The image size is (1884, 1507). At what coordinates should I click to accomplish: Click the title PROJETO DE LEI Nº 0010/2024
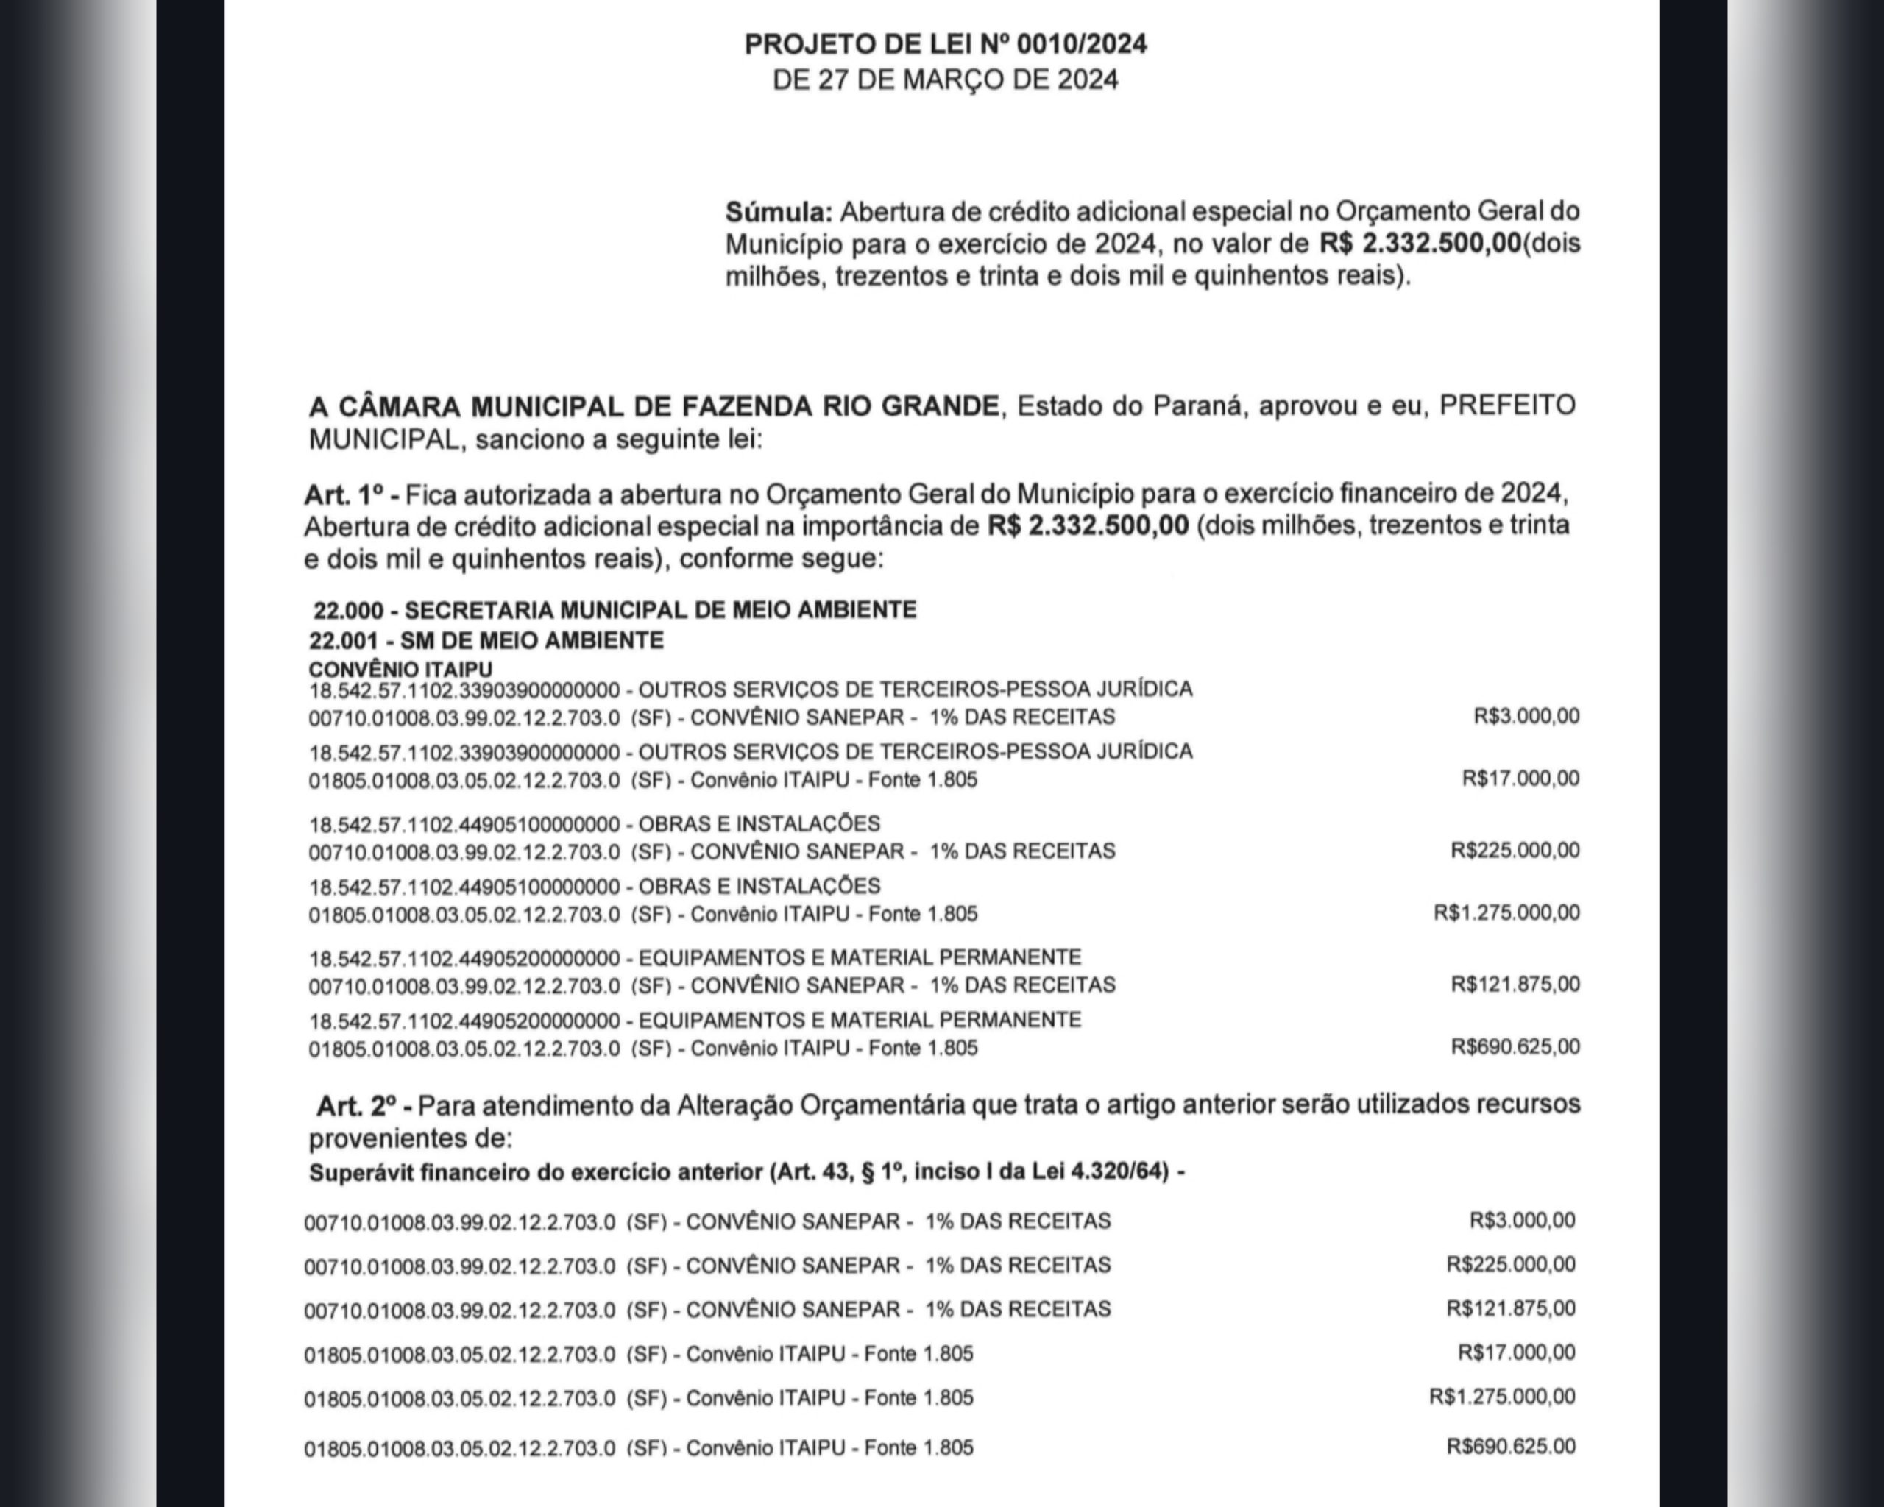(946, 45)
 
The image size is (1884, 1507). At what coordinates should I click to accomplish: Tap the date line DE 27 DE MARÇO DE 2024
(946, 80)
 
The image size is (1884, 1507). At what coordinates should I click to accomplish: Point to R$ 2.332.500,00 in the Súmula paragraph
(1420, 244)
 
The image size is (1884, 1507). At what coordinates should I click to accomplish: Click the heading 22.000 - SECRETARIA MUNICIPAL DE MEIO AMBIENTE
(615, 610)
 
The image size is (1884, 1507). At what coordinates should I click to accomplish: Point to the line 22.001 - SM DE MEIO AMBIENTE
(486, 640)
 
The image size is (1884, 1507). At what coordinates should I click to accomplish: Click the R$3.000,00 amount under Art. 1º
(1526, 717)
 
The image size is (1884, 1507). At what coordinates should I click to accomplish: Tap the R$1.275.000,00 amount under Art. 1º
(1506, 913)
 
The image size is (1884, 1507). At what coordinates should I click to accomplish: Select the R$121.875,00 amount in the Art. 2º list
(1511, 1308)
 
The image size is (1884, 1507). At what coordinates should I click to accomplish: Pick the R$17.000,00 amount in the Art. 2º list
(1516, 1352)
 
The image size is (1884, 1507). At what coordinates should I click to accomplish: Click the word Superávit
(360, 1172)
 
